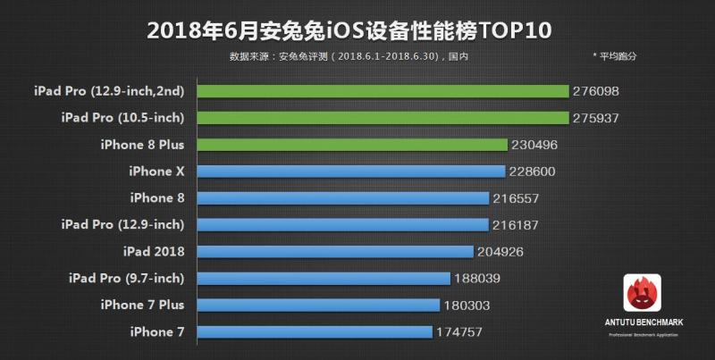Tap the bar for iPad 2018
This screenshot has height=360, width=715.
(x=335, y=251)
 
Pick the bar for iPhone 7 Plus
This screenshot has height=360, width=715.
(x=318, y=305)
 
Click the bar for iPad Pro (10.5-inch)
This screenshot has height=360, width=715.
(x=383, y=118)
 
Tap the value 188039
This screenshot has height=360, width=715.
(x=478, y=279)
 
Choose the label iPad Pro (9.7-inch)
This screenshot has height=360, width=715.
(x=126, y=279)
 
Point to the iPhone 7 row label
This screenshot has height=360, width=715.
(x=156, y=332)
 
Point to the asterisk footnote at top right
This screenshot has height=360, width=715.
(x=614, y=56)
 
